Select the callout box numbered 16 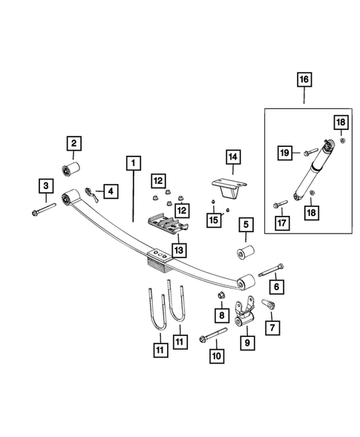pos(304,78)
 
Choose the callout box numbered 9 pos(248,344)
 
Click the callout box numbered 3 pos(46,185)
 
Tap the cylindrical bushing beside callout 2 pos(72,166)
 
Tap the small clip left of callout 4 pos(88,193)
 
